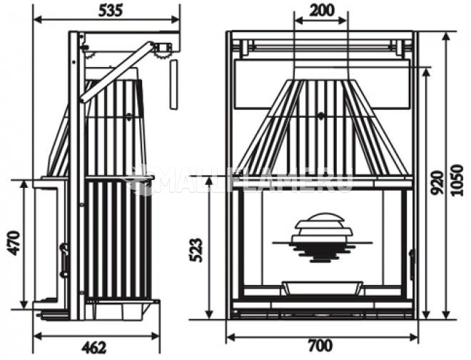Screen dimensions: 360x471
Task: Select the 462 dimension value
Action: pos(93,349)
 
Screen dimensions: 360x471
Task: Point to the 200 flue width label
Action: pos(321,11)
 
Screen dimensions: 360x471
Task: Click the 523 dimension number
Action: pos(198,250)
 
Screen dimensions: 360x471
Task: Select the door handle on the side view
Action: pos(64,257)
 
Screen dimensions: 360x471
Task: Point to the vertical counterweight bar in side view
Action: pos(173,84)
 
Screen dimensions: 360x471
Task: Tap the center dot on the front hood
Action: pos(320,116)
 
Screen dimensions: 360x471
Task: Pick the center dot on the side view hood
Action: pos(128,115)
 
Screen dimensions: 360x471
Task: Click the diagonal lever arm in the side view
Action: pos(118,71)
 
